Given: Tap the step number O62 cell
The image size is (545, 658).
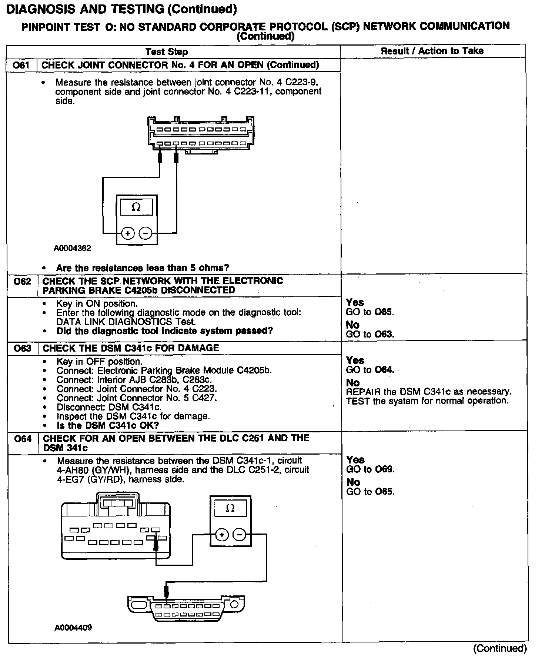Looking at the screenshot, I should click(22, 282).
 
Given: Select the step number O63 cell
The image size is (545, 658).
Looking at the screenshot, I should click(22, 348).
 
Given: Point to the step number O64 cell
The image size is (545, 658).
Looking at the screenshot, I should click(23, 439).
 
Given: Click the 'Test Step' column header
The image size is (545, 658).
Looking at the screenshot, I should click(167, 52).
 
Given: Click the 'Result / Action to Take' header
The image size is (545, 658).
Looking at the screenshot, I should click(432, 51).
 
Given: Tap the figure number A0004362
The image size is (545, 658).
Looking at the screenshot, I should click(72, 248).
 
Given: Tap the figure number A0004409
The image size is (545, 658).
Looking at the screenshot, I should click(73, 628).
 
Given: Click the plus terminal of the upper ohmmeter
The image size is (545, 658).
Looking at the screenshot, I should click(128, 233).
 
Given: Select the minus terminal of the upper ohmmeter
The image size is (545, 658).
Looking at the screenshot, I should click(146, 233).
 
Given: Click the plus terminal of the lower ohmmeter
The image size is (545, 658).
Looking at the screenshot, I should click(221, 535).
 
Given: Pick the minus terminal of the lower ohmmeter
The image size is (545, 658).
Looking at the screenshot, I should click(239, 535).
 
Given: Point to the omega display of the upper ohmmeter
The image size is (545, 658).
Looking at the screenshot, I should click(136, 207).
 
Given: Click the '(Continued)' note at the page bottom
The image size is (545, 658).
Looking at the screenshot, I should click(500, 648).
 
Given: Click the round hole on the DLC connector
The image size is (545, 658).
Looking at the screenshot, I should click(234, 605).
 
